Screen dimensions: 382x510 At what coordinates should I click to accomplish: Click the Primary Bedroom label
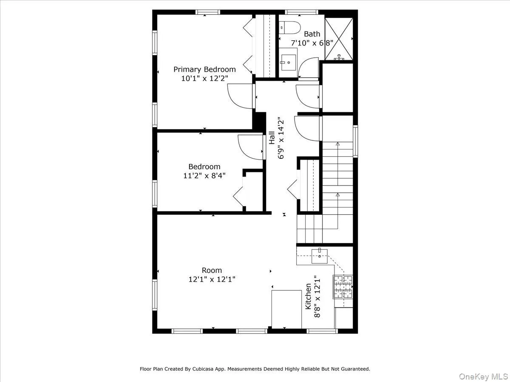(x=204, y=69)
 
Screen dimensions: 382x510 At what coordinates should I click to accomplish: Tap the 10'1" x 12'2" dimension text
(x=204, y=78)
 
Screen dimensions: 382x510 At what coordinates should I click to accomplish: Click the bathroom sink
(x=289, y=62)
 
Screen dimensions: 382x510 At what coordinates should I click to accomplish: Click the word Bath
(x=312, y=34)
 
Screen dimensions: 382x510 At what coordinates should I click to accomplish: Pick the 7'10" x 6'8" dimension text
(x=312, y=43)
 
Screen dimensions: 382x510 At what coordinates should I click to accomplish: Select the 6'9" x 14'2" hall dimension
(x=280, y=138)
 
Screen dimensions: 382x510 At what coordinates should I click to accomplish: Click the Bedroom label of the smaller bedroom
(x=204, y=167)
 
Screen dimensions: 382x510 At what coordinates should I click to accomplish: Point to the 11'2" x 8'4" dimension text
(x=204, y=175)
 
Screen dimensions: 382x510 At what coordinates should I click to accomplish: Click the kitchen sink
(x=320, y=255)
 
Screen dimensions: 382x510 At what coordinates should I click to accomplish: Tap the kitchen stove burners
(x=343, y=287)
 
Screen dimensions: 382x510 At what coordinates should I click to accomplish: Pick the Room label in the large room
(x=212, y=270)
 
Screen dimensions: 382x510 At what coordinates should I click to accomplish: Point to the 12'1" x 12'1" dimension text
(x=212, y=279)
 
